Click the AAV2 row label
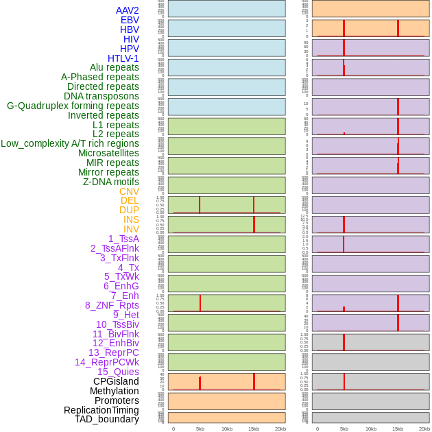click(127, 10)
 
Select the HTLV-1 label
click(123, 58)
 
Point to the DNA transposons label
click(101, 96)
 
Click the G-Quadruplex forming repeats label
click(73, 106)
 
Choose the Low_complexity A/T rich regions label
click(70, 143)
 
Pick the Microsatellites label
click(108, 153)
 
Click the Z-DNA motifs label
click(110, 182)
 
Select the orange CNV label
click(129, 191)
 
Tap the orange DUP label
click(129, 210)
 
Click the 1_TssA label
click(123, 239)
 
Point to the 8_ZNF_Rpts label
click(112, 305)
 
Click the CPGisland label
click(116, 381)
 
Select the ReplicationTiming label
click(101, 410)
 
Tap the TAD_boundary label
click(107, 419)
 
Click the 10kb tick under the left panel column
click(227, 429)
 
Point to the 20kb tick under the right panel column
click(424, 429)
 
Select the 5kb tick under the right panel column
click(344, 429)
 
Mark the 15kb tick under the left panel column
click(254, 429)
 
